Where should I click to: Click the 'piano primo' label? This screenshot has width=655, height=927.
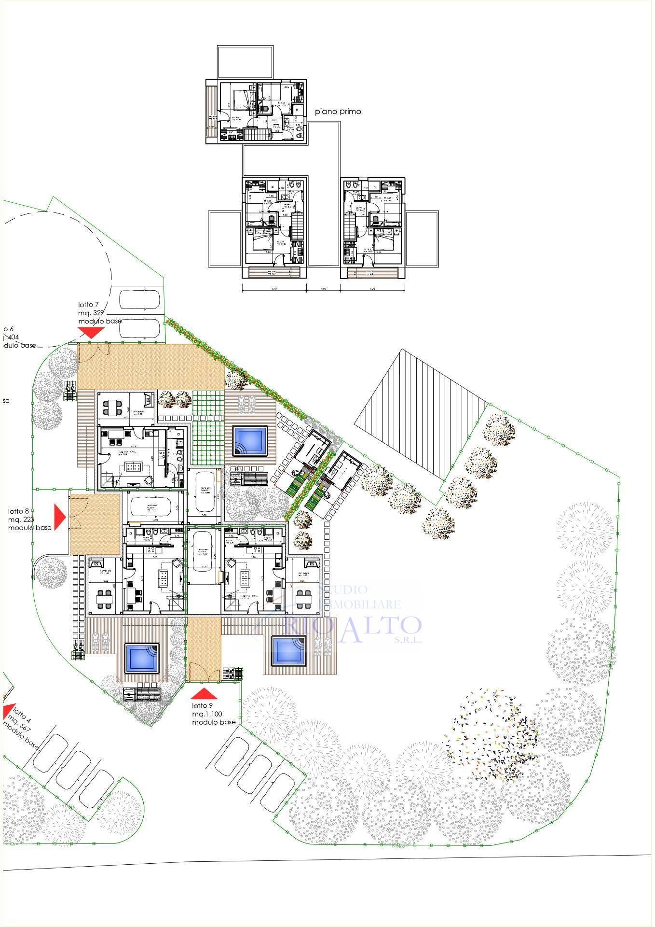pos(338,112)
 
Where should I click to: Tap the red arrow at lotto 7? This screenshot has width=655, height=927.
pos(91,332)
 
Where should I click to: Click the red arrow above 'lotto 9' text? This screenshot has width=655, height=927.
pos(204,694)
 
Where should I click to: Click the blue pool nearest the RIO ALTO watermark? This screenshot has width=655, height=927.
pos(289,650)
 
